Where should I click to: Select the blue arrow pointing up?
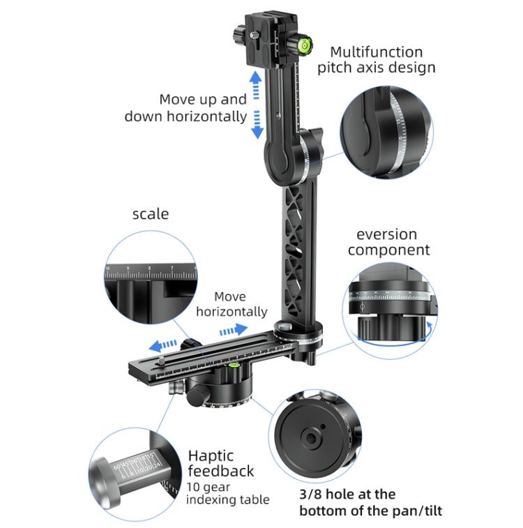click(x=256, y=83)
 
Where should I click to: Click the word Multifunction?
click(x=376, y=52)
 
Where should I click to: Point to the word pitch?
click(x=337, y=68)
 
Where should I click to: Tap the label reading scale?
click(x=151, y=213)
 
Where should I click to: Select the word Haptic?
click(x=211, y=455)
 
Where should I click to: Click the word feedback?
click(x=220, y=472)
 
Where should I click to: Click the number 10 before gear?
click(x=192, y=487)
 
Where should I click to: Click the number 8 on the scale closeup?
click(x=149, y=267)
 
